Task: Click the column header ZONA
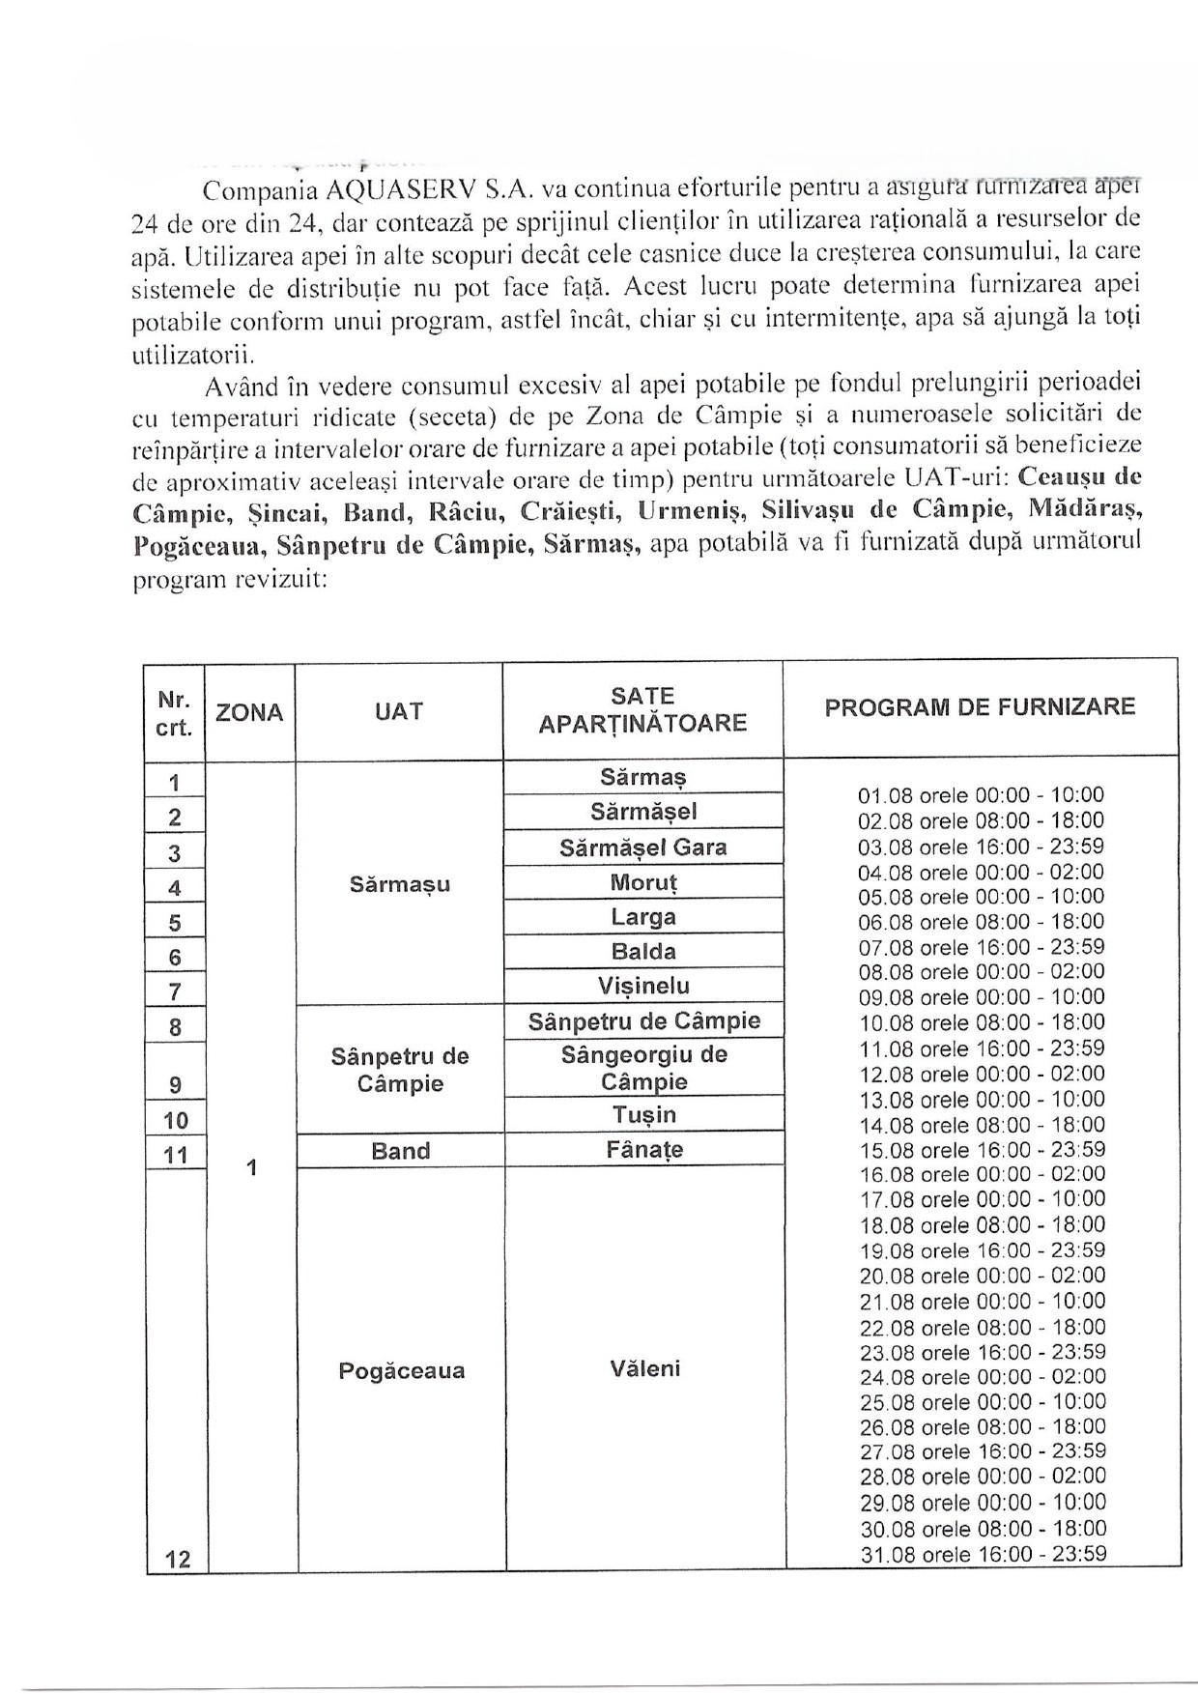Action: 249,713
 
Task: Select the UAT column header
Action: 398,712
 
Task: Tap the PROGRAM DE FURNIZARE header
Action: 980,706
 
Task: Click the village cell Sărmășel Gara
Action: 643,847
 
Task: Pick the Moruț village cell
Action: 643,882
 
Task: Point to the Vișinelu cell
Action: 643,986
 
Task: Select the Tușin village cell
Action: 643,1115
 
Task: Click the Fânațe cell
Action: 643,1150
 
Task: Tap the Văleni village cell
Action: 645,1368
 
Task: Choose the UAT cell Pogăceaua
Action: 401,1370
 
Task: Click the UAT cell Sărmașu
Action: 400,884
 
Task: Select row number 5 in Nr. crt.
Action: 175,923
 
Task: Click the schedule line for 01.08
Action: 981,796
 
